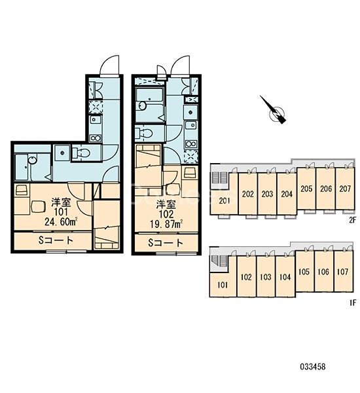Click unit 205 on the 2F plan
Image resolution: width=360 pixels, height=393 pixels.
tap(306, 188)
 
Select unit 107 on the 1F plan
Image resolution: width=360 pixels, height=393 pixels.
tap(344, 271)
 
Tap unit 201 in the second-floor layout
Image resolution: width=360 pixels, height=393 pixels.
tap(225, 200)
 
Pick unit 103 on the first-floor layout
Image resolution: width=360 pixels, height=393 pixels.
tap(266, 276)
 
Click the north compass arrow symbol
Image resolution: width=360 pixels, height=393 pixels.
tap(273, 109)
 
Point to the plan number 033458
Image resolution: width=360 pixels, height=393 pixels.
tap(313, 367)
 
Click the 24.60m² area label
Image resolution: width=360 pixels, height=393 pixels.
tap(61, 221)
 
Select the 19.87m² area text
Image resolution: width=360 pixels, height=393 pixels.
tap(166, 224)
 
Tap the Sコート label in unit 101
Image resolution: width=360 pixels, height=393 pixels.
tap(56, 240)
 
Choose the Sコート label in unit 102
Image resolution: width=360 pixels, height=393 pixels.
tap(166, 242)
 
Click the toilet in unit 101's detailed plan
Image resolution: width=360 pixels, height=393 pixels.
tap(81, 153)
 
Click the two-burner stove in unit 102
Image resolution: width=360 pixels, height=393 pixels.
tap(191, 144)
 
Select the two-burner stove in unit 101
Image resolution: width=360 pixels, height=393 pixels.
tap(96, 138)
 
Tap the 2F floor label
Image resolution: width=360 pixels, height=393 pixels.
tap(352, 220)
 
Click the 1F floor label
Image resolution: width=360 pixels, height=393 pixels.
tap(353, 303)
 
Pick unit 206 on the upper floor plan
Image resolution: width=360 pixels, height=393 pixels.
tap(326, 188)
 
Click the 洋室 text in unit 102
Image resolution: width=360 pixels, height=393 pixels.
tap(166, 205)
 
